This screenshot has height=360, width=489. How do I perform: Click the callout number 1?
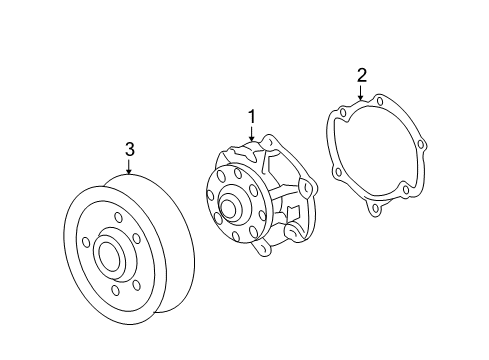[x=252, y=117]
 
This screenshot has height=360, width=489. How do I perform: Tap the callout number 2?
[x=361, y=75]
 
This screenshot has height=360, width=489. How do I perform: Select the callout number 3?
[x=129, y=150]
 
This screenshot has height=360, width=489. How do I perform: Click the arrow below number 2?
[x=361, y=95]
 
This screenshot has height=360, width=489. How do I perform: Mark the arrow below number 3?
[x=129, y=170]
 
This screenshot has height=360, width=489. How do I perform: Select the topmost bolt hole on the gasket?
[x=380, y=100]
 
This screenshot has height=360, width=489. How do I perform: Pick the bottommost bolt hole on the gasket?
[x=375, y=211]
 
